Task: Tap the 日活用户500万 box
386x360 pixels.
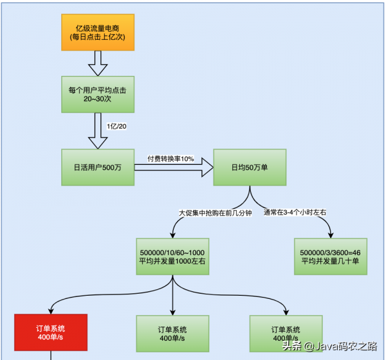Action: (x=98, y=167)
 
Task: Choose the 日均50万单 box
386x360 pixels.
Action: (x=250, y=167)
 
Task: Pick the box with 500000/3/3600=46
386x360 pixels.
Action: (x=331, y=256)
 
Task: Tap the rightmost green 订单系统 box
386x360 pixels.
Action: (x=287, y=333)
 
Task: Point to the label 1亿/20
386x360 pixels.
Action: (x=116, y=126)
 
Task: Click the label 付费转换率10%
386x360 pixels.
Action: (x=170, y=158)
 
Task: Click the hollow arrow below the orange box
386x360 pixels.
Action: (x=98, y=63)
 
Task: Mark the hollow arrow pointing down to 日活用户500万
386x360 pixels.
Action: (x=98, y=132)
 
